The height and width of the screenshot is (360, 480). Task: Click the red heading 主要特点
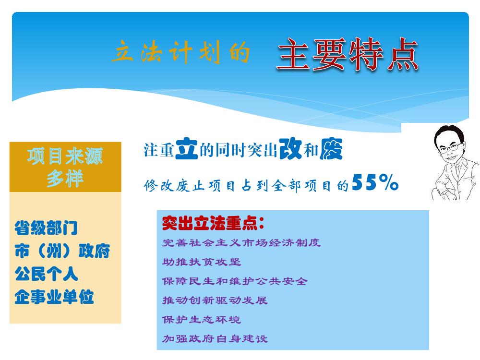pyautogui.click(x=348, y=55)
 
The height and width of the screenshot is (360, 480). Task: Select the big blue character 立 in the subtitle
pyautogui.click(x=186, y=148)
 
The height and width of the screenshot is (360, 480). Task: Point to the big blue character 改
pyautogui.click(x=290, y=148)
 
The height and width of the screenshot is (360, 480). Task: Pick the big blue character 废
pyautogui.click(x=331, y=149)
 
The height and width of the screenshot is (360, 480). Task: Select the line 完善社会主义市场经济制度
pyautogui.click(x=241, y=243)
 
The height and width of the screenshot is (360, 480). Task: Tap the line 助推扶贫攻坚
pyautogui.click(x=202, y=262)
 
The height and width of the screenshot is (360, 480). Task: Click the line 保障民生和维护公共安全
pyautogui.click(x=235, y=281)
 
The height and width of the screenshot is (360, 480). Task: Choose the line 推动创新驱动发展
pyautogui.click(x=215, y=300)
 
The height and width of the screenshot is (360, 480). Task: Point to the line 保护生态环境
pyautogui.click(x=202, y=320)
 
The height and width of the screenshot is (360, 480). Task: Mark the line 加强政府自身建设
pyautogui.click(x=215, y=338)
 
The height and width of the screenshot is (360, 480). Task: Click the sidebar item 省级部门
pyautogui.click(x=46, y=228)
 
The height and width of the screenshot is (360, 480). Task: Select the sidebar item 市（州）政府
pyautogui.click(x=62, y=251)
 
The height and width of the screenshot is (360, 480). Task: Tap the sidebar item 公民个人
pyautogui.click(x=46, y=274)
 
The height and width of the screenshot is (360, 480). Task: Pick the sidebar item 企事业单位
pyautogui.click(x=54, y=297)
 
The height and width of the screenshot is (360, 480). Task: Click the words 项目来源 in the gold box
pyautogui.click(x=65, y=156)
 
